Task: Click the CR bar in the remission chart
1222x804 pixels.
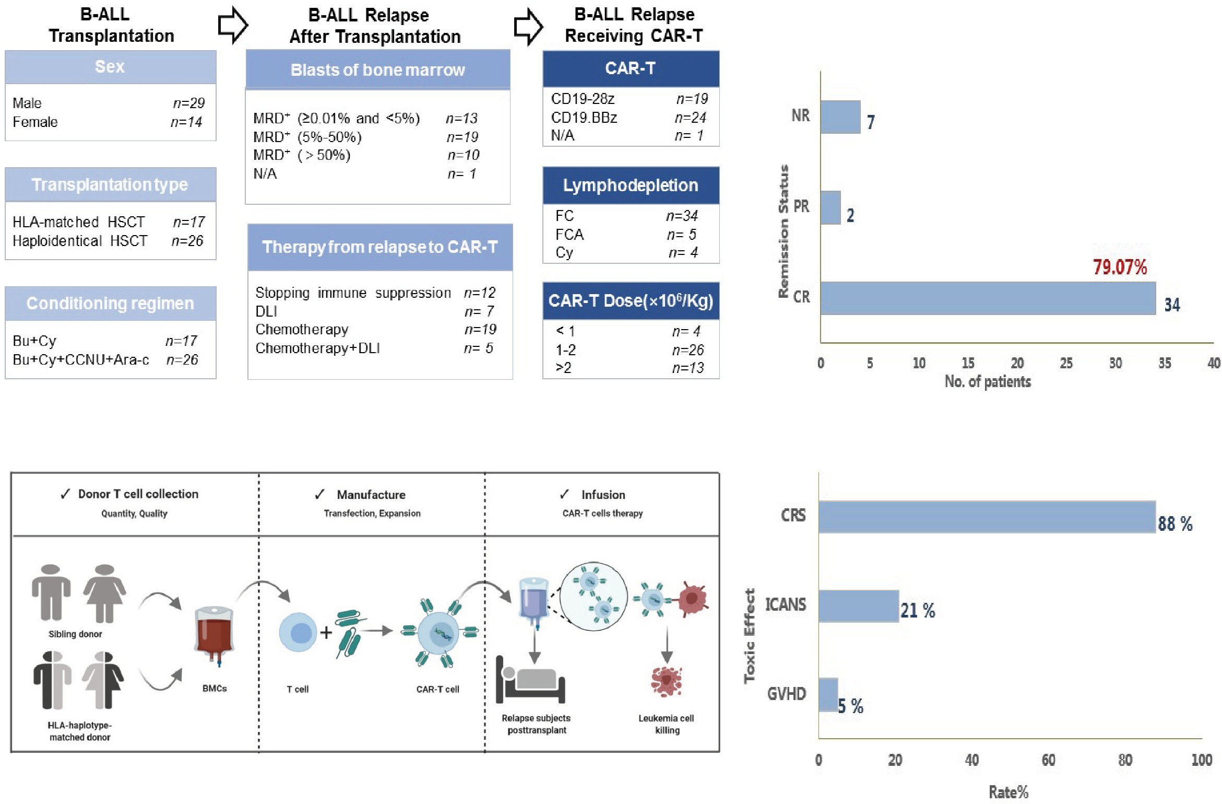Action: pos(988,298)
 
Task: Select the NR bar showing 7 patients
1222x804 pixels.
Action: pos(840,117)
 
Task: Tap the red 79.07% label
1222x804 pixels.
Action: pos(1120,267)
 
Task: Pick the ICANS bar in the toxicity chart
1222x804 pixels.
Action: pos(858,606)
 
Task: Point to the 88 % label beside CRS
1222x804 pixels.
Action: pos(1174,523)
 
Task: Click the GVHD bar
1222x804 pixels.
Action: pos(828,694)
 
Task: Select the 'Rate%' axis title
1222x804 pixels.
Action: pos(1008,792)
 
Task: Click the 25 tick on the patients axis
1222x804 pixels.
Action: pos(1066,363)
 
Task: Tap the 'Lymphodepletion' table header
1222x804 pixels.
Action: pos(630,185)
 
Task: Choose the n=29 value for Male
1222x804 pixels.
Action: pos(188,103)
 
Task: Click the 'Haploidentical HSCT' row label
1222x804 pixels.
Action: pos(80,241)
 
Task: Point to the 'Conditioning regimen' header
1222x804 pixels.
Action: pos(110,304)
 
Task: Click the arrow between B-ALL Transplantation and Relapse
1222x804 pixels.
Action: pos(232,25)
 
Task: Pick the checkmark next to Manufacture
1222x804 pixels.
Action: pos(319,494)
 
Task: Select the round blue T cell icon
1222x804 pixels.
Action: pos(298,633)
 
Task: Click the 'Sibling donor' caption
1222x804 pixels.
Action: pos(75,634)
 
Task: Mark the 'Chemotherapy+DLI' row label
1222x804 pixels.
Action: pos(317,348)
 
